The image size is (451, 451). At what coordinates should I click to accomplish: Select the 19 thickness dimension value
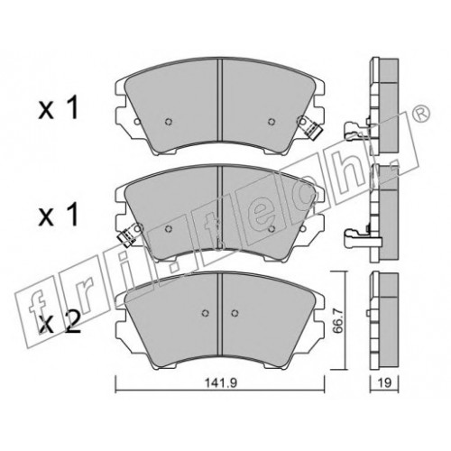click(384, 382)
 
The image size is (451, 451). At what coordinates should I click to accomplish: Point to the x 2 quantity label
click(60, 322)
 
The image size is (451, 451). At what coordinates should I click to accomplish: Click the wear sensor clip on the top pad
click(309, 127)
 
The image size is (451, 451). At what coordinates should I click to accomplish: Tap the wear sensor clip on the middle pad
click(128, 235)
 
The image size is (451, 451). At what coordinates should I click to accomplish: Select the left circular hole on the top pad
click(169, 122)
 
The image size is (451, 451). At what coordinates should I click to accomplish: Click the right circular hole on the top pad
click(272, 122)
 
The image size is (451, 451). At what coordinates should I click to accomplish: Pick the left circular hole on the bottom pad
click(205, 313)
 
